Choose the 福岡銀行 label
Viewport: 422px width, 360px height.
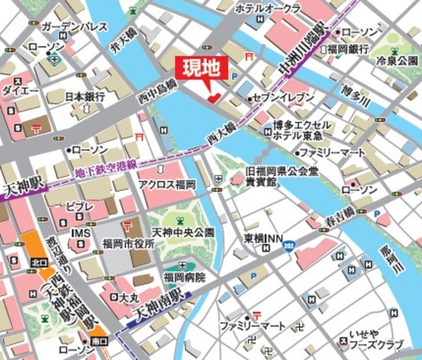coord(347,49)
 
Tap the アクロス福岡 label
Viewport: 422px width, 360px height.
coord(167,184)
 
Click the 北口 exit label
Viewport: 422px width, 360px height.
coord(36,263)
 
